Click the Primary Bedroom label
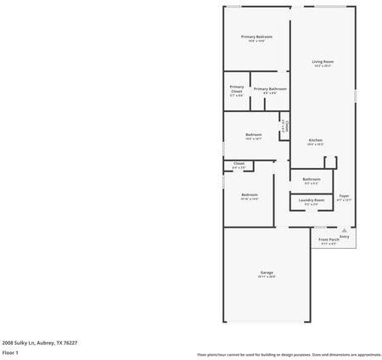256,37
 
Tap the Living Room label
322,61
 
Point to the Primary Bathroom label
270,88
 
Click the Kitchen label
315,139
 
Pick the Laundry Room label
312,200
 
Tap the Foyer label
344,196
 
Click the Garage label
267,272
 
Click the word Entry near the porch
344,236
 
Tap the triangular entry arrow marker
344,229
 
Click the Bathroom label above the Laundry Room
312,178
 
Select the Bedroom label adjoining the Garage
250,194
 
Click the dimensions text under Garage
267,277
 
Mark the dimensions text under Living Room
322,66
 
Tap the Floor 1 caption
10,352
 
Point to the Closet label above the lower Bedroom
239,163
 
